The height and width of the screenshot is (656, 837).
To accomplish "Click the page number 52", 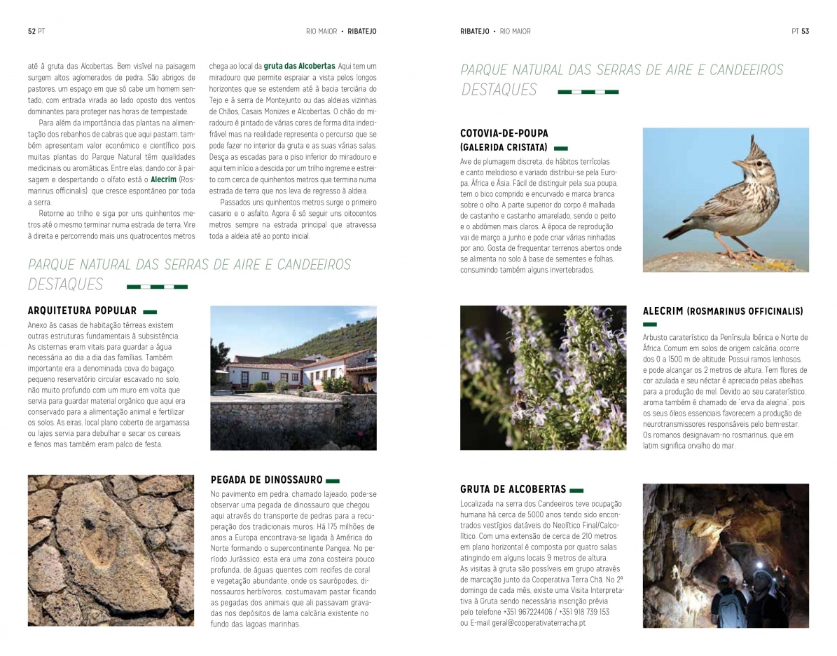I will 32,32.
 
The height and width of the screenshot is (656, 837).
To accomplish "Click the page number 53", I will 805,32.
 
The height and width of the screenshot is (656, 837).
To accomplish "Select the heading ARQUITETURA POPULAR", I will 82,310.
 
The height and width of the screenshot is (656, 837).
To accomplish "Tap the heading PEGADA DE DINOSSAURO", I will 266,480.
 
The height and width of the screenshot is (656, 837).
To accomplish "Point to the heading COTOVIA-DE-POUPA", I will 504,133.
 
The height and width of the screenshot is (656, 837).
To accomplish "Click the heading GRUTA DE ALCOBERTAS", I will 513,489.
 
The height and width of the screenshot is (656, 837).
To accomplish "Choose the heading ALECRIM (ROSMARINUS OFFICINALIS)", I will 723,311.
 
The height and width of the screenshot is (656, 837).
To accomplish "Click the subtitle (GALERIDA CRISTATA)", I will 504,148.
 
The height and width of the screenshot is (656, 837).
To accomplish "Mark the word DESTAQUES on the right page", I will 499,90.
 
